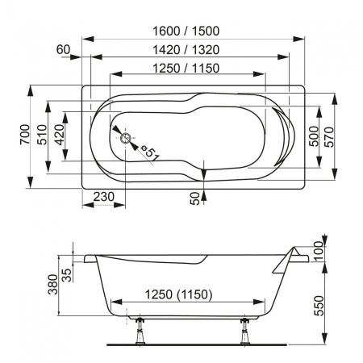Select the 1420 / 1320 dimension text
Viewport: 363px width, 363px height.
click(186, 49)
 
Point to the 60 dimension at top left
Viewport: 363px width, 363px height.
click(65, 49)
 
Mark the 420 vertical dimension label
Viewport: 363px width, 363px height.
click(59, 136)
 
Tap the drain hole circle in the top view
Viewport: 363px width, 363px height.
click(126, 138)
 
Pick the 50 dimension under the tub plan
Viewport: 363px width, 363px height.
click(194, 197)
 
